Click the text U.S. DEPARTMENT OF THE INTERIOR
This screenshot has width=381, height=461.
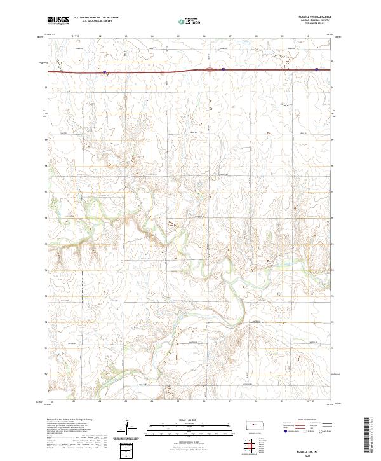pos(95,18)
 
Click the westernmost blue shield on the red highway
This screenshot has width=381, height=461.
pos(105,72)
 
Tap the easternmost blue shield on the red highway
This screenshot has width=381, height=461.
pos(316,69)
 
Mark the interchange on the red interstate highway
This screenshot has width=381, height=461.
pos(208,70)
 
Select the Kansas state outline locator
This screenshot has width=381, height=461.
pos(256,426)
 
